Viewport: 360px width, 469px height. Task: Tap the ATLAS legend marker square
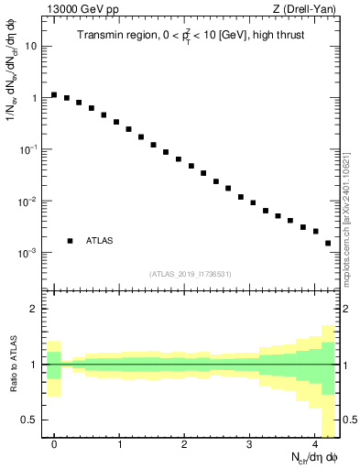pyautogui.click(x=71, y=241)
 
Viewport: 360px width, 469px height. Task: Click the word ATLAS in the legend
pyautogui.click(x=100, y=241)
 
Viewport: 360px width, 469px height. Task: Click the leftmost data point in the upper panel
pyautogui.click(x=54, y=94)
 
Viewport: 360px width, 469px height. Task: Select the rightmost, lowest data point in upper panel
pyautogui.click(x=328, y=243)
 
